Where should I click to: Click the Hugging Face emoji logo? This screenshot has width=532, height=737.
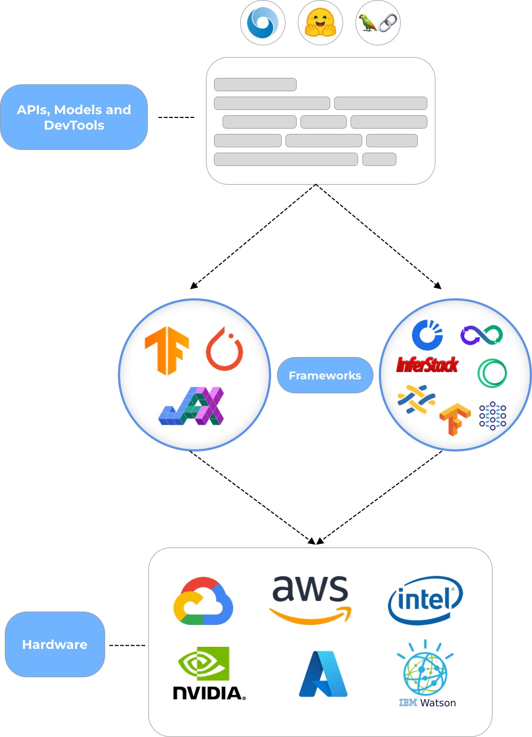pos(320,23)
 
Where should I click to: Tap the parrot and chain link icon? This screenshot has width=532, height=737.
pos(378,23)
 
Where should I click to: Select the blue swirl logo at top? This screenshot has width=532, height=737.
pos(263,23)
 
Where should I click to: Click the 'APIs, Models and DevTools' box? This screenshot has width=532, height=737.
pos(74,117)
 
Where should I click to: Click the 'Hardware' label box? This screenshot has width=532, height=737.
pos(54,644)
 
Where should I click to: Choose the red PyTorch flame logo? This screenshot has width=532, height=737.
pos(225,350)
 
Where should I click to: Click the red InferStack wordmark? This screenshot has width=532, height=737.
pos(427,365)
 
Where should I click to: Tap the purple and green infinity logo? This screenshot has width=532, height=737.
pos(481,335)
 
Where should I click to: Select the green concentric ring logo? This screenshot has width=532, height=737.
pos(492,373)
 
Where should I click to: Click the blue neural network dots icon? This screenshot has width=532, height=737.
pos(493,416)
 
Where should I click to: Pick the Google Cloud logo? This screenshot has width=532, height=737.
pos(203,601)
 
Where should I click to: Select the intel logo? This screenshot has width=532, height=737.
pos(425,600)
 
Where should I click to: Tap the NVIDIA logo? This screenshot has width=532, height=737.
pos(209,673)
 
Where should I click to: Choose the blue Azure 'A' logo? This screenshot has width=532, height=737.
pos(323,674)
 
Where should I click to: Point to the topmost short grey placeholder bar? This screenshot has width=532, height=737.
pos(255,84)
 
